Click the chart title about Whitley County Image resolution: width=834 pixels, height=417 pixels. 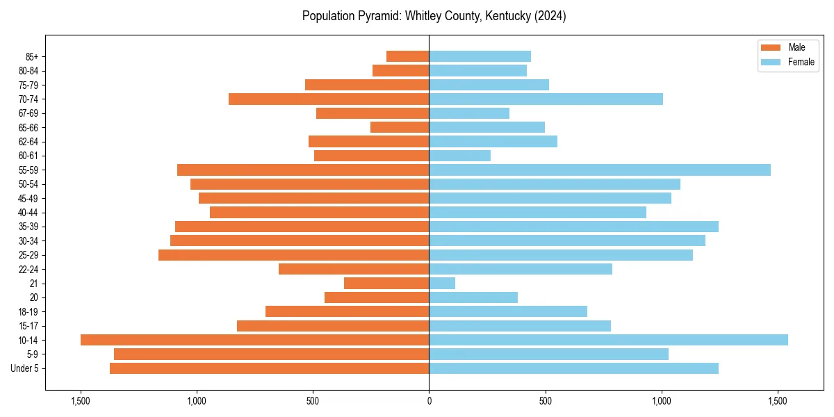[x=434, y=16]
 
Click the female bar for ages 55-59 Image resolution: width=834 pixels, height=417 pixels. [x=599, y=170]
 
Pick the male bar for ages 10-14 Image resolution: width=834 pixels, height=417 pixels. [x=254, y=340]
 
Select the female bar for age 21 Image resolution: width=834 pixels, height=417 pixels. [x=442, y=283]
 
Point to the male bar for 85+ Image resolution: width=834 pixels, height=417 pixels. [x=407, y=56]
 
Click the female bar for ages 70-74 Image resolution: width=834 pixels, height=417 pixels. [x=546, y=99]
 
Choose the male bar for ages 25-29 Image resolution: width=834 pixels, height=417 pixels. [x=293, y=255]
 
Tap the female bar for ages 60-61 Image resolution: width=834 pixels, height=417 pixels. [x=459, y=156]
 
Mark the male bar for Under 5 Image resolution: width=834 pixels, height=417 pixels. [x=269, y=368]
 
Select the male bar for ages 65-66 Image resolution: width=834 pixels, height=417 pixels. [x=400, y=127]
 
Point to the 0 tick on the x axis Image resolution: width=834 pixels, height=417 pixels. [x=429, y=402]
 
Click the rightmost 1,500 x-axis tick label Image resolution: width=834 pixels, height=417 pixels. [x=778, y=402]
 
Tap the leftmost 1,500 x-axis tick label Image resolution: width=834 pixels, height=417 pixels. [x=81, y=402]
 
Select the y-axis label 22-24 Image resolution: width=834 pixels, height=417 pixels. [x=28, y=269]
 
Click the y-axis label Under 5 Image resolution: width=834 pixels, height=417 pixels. [x=24, y=368]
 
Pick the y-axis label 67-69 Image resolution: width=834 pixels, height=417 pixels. [x=28, y=113]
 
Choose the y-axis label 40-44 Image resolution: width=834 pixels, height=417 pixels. [x=28, y=213]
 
